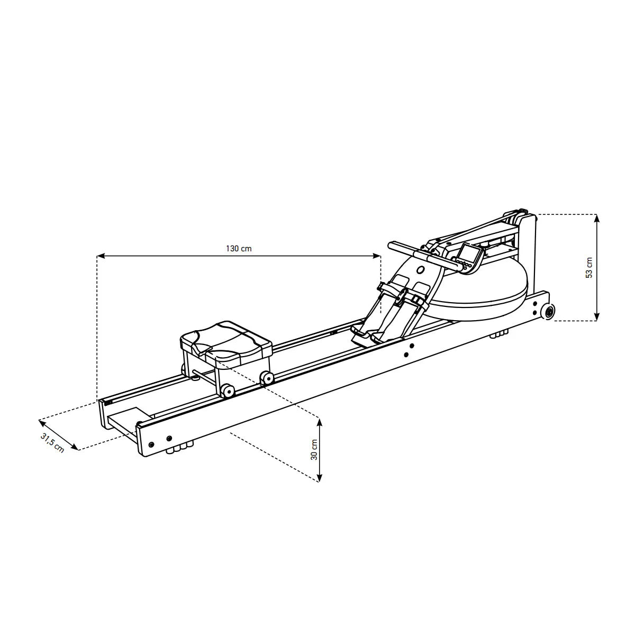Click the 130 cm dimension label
(239, 249)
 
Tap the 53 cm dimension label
(589, 268)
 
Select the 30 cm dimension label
(314, 450)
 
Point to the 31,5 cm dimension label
(52, 443)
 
